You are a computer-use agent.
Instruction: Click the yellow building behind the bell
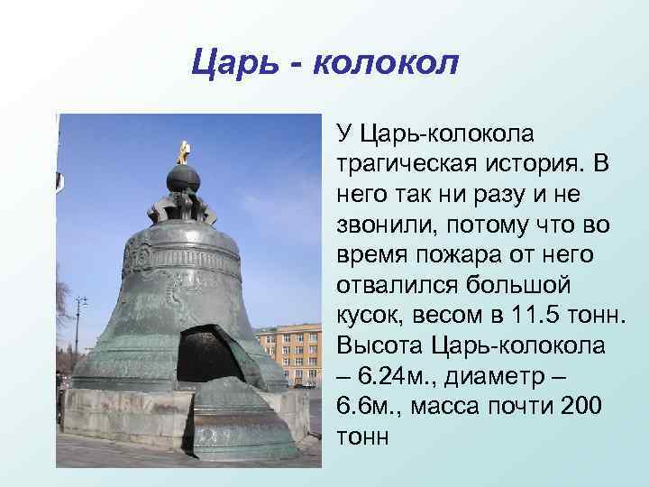point(284,354)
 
